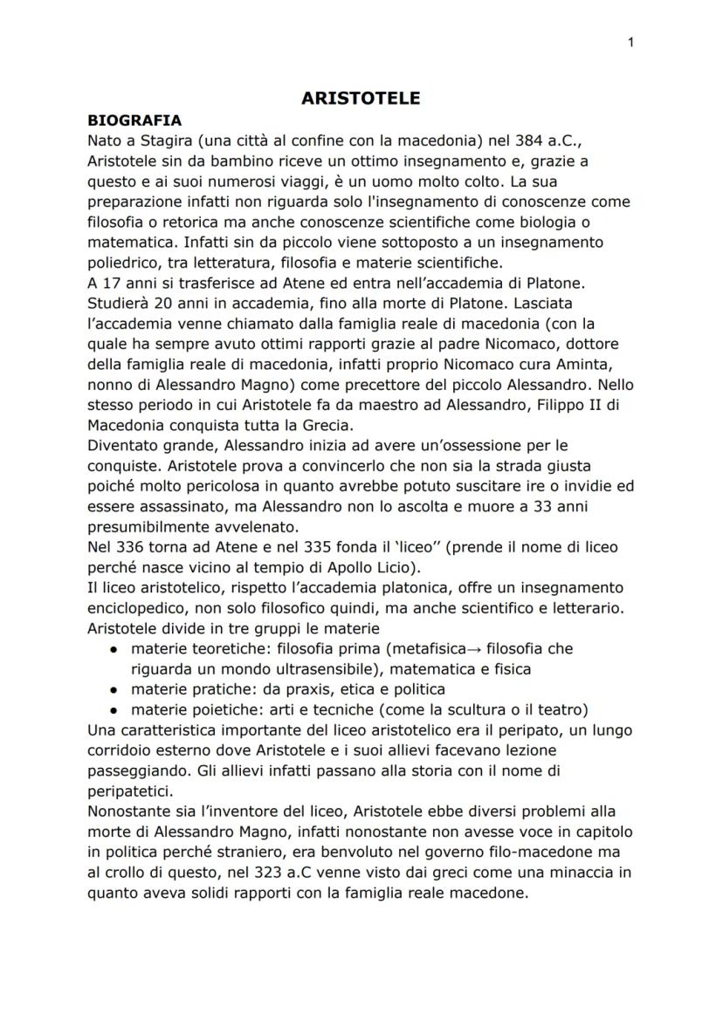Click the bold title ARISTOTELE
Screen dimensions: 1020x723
[x=361, y=99]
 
